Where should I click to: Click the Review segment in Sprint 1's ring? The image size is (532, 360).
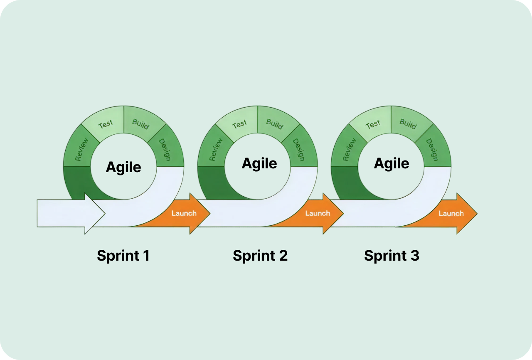point(81,150)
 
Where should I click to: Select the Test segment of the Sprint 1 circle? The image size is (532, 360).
point(106,124)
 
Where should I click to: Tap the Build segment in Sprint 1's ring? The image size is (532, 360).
point(141,123)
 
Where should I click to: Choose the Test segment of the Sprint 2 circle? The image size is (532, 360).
point(240,124)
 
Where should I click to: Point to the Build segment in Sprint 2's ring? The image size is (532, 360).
point(275,123)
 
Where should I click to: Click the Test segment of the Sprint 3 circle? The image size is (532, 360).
point(373,124)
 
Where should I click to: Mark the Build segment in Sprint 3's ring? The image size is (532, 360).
point(408,123)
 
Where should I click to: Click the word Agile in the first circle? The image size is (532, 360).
point(123,167)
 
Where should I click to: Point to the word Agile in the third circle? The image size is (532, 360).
point(392,163)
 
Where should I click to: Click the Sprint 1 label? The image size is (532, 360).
point(123,255)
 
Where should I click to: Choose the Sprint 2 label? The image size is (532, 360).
point(260,255)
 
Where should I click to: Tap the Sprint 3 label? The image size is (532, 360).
point(392,255)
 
